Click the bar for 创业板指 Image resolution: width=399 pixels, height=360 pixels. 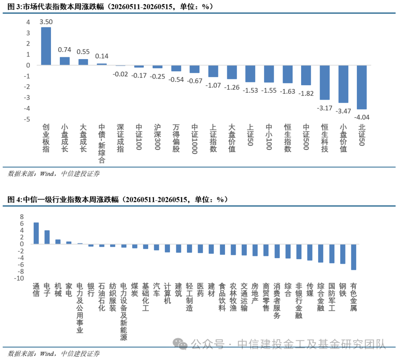(46, 46)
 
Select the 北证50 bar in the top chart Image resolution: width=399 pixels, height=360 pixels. (362, 87)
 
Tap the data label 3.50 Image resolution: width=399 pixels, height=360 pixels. (46, 22)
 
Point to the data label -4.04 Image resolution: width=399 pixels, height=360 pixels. (362, 117)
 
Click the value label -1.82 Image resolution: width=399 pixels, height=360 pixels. (306, 93)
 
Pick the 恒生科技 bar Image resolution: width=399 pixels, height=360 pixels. (324, 82)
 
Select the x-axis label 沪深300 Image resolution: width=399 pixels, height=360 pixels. (157, 137)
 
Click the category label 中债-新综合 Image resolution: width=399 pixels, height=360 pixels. (102, 143)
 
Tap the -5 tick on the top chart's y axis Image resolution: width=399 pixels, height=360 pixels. (27, 119)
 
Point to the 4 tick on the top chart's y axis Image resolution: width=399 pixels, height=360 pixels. (28, 22)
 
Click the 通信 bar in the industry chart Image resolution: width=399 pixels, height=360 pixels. (36, 233)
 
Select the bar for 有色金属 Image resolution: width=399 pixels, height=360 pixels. (354, 257)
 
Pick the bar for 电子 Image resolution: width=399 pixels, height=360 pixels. (47, 237)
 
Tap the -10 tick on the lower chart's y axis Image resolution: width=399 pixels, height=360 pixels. (19, 278)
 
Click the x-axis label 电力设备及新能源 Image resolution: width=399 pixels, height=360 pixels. (124, 312)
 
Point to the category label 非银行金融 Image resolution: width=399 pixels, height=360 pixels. (299, 301)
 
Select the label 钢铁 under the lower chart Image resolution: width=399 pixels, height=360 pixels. (343, 290)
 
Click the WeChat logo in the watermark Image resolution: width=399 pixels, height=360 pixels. (180, 344)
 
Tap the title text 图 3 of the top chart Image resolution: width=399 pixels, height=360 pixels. (14, 6)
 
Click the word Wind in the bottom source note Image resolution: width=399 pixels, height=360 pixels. (47, 353)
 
